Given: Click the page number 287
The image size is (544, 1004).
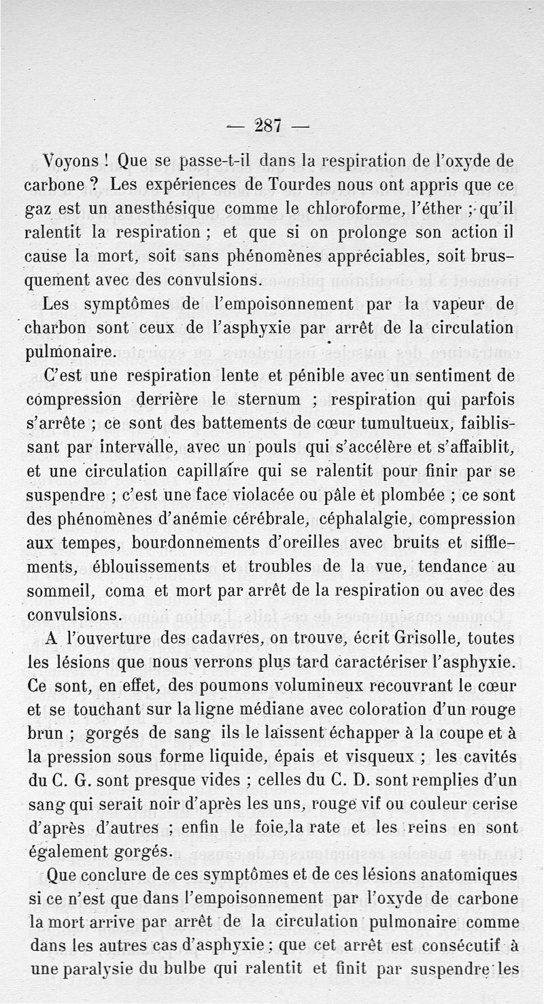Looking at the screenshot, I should pyautogui.click(x=271, y=126).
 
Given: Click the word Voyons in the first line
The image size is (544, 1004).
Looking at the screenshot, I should pyautogui.click(x=72, y=163).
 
